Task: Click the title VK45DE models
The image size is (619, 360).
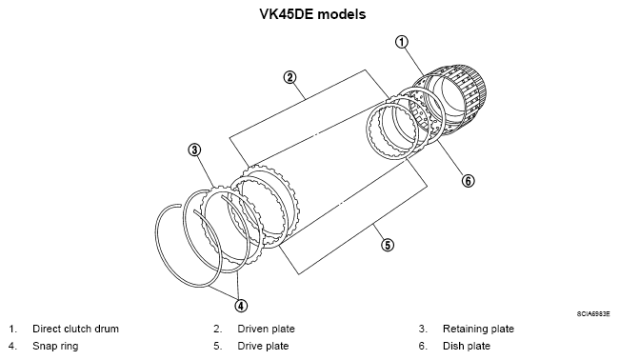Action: pyautogui.click(x=312, y=14)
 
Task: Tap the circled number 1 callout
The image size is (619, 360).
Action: pyautogui.click(x=402, y=42)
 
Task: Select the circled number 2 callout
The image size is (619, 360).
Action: pyautogui.click(x=290, y=77)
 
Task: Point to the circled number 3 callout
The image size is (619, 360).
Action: pyautogui.click(x=194, y=150)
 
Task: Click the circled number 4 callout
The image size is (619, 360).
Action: pyautogui.click(x=241, y=306)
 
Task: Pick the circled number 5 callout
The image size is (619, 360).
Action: pyautogui.click(x=388, y=245)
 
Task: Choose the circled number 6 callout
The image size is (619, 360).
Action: pyautogui.click(x=468, y=181)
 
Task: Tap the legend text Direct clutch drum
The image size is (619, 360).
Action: pyautogui.click(x=75, y=329)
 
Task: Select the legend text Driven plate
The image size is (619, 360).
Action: pyautogui.click(x=266, y=329)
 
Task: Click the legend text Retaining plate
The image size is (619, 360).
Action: pyautogui.click(x=478, y=329)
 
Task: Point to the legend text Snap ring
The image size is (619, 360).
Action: pyautogui.click(x=55, y=346)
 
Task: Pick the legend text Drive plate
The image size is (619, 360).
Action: pyautogui.click(x=263, y=346)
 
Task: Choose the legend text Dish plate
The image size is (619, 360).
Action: pyautogui.click(x=467, y=346)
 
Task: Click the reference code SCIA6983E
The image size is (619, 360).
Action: pyautogui.click(x=593, y=314)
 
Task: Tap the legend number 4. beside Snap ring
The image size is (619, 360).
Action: pyautogui.click(x=13, y=346)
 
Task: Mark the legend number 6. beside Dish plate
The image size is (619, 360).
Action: pyautogui.click(x=423, y=346)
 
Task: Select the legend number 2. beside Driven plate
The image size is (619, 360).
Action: pyautogui.click(x=218, y=329)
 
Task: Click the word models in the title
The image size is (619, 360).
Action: pyautogui.click(x=342, y=14)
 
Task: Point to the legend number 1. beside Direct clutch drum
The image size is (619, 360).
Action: pyautogui.click(x=13, y=329)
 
